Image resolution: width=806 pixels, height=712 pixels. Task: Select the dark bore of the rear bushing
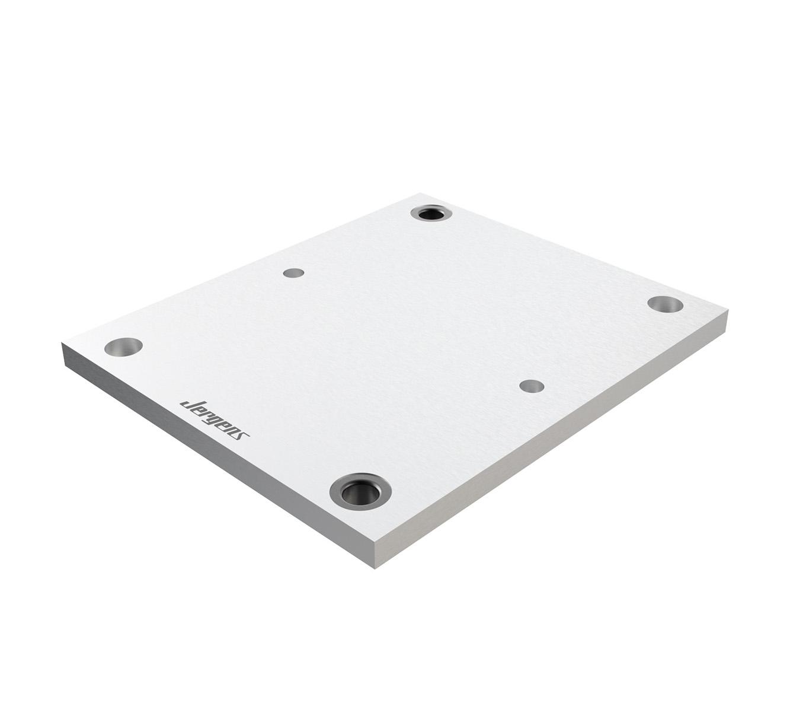pos(431,213)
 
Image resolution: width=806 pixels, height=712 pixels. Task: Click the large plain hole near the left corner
pos(123,347)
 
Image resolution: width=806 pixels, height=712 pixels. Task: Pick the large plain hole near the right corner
pos(665,304)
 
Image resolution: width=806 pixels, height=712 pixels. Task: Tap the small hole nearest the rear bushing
pos(293,273)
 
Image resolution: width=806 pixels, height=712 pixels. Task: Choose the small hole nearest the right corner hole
pos(532,386)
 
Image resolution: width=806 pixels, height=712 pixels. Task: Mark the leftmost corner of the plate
pos(62,344)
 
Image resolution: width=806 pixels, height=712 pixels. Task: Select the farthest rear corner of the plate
pos(422,193)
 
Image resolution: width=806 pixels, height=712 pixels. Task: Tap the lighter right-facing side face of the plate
pos(551,445)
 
